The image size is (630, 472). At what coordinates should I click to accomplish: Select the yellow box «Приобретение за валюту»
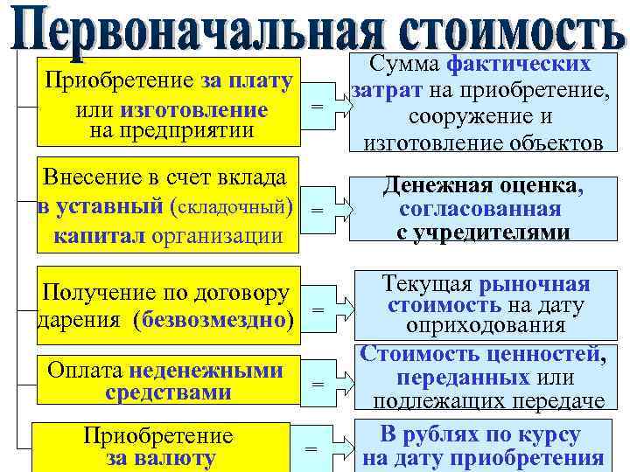pos(160,447)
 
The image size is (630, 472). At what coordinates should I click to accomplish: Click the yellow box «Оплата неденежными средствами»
pos(166,381)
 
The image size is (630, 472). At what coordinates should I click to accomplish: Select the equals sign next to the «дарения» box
pos(317,311)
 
